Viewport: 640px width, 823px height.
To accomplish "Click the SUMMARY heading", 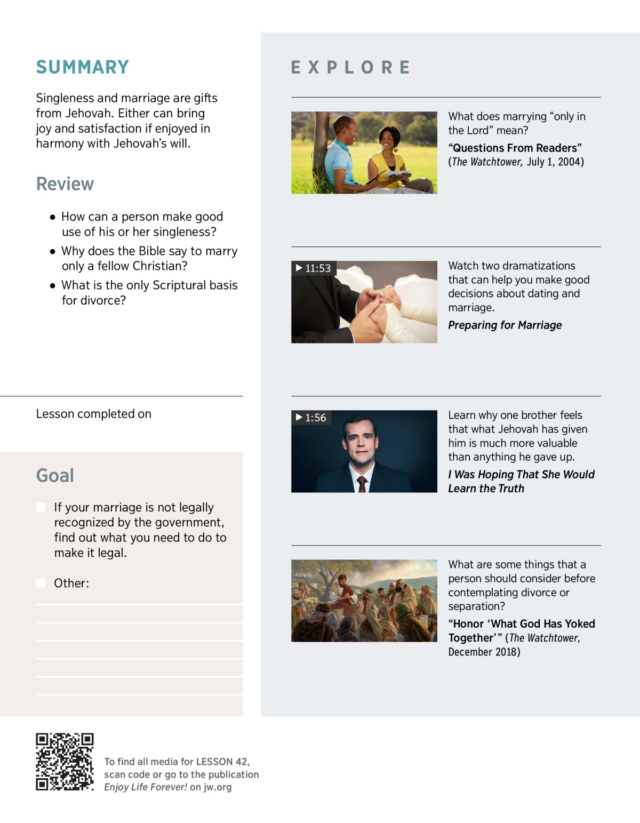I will coord(83,67).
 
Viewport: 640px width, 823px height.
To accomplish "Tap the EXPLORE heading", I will coord(350,67).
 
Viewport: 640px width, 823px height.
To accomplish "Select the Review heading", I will coord(65,184).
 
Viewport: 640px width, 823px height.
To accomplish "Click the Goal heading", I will coord(55,475).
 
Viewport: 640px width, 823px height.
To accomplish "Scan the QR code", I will coord(65,762).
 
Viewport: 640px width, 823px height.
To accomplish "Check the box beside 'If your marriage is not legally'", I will coord(41,507).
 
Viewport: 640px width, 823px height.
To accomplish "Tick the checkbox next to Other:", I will coord(41,583).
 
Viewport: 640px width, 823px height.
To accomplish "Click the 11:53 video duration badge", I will coord(314,268).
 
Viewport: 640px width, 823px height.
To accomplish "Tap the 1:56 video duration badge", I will coord(311,418).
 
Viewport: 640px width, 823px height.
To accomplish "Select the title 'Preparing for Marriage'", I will coord(505,325).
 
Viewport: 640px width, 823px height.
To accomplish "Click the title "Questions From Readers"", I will coord(515,148).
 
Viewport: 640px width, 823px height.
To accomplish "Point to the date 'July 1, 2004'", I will coord(555,162).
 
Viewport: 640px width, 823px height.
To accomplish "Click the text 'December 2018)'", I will coord(484,652).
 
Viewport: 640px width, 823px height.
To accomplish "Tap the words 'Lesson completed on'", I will coord(94,414).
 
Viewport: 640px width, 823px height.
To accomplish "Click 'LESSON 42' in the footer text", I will coord(222,762).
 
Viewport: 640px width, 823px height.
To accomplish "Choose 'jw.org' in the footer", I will coord(218,787).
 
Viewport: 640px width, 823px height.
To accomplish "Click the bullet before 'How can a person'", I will coord(52,217).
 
